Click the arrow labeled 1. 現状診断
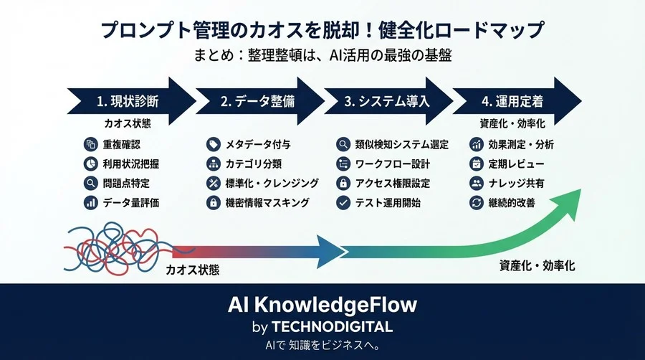[x=129, y=101]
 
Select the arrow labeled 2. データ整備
[x=258, y=101]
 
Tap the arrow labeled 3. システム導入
[x=387, y=101]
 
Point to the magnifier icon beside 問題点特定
[x=90, y=183]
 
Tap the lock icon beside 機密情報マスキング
[x=212, y=203]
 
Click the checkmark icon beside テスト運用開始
[x=343, y=203]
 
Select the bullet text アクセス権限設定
[x=393, y=183]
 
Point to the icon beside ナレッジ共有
[x=476, y=183]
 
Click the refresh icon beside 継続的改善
[x=476, y=203]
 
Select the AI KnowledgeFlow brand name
[x=322, y=305]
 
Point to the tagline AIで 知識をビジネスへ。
[x=322, y=345]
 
